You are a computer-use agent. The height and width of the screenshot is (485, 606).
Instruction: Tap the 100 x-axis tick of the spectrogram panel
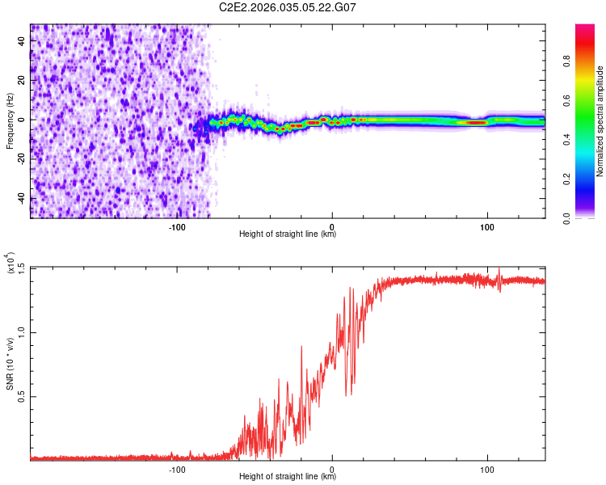tap(487, 226)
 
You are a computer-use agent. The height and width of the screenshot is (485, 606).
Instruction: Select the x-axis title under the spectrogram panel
tap(288, 234)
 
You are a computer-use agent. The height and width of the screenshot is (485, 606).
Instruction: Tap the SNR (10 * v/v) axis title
tap(10, 364)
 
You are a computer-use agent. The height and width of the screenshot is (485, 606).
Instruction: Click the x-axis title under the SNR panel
tap(288, 477)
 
